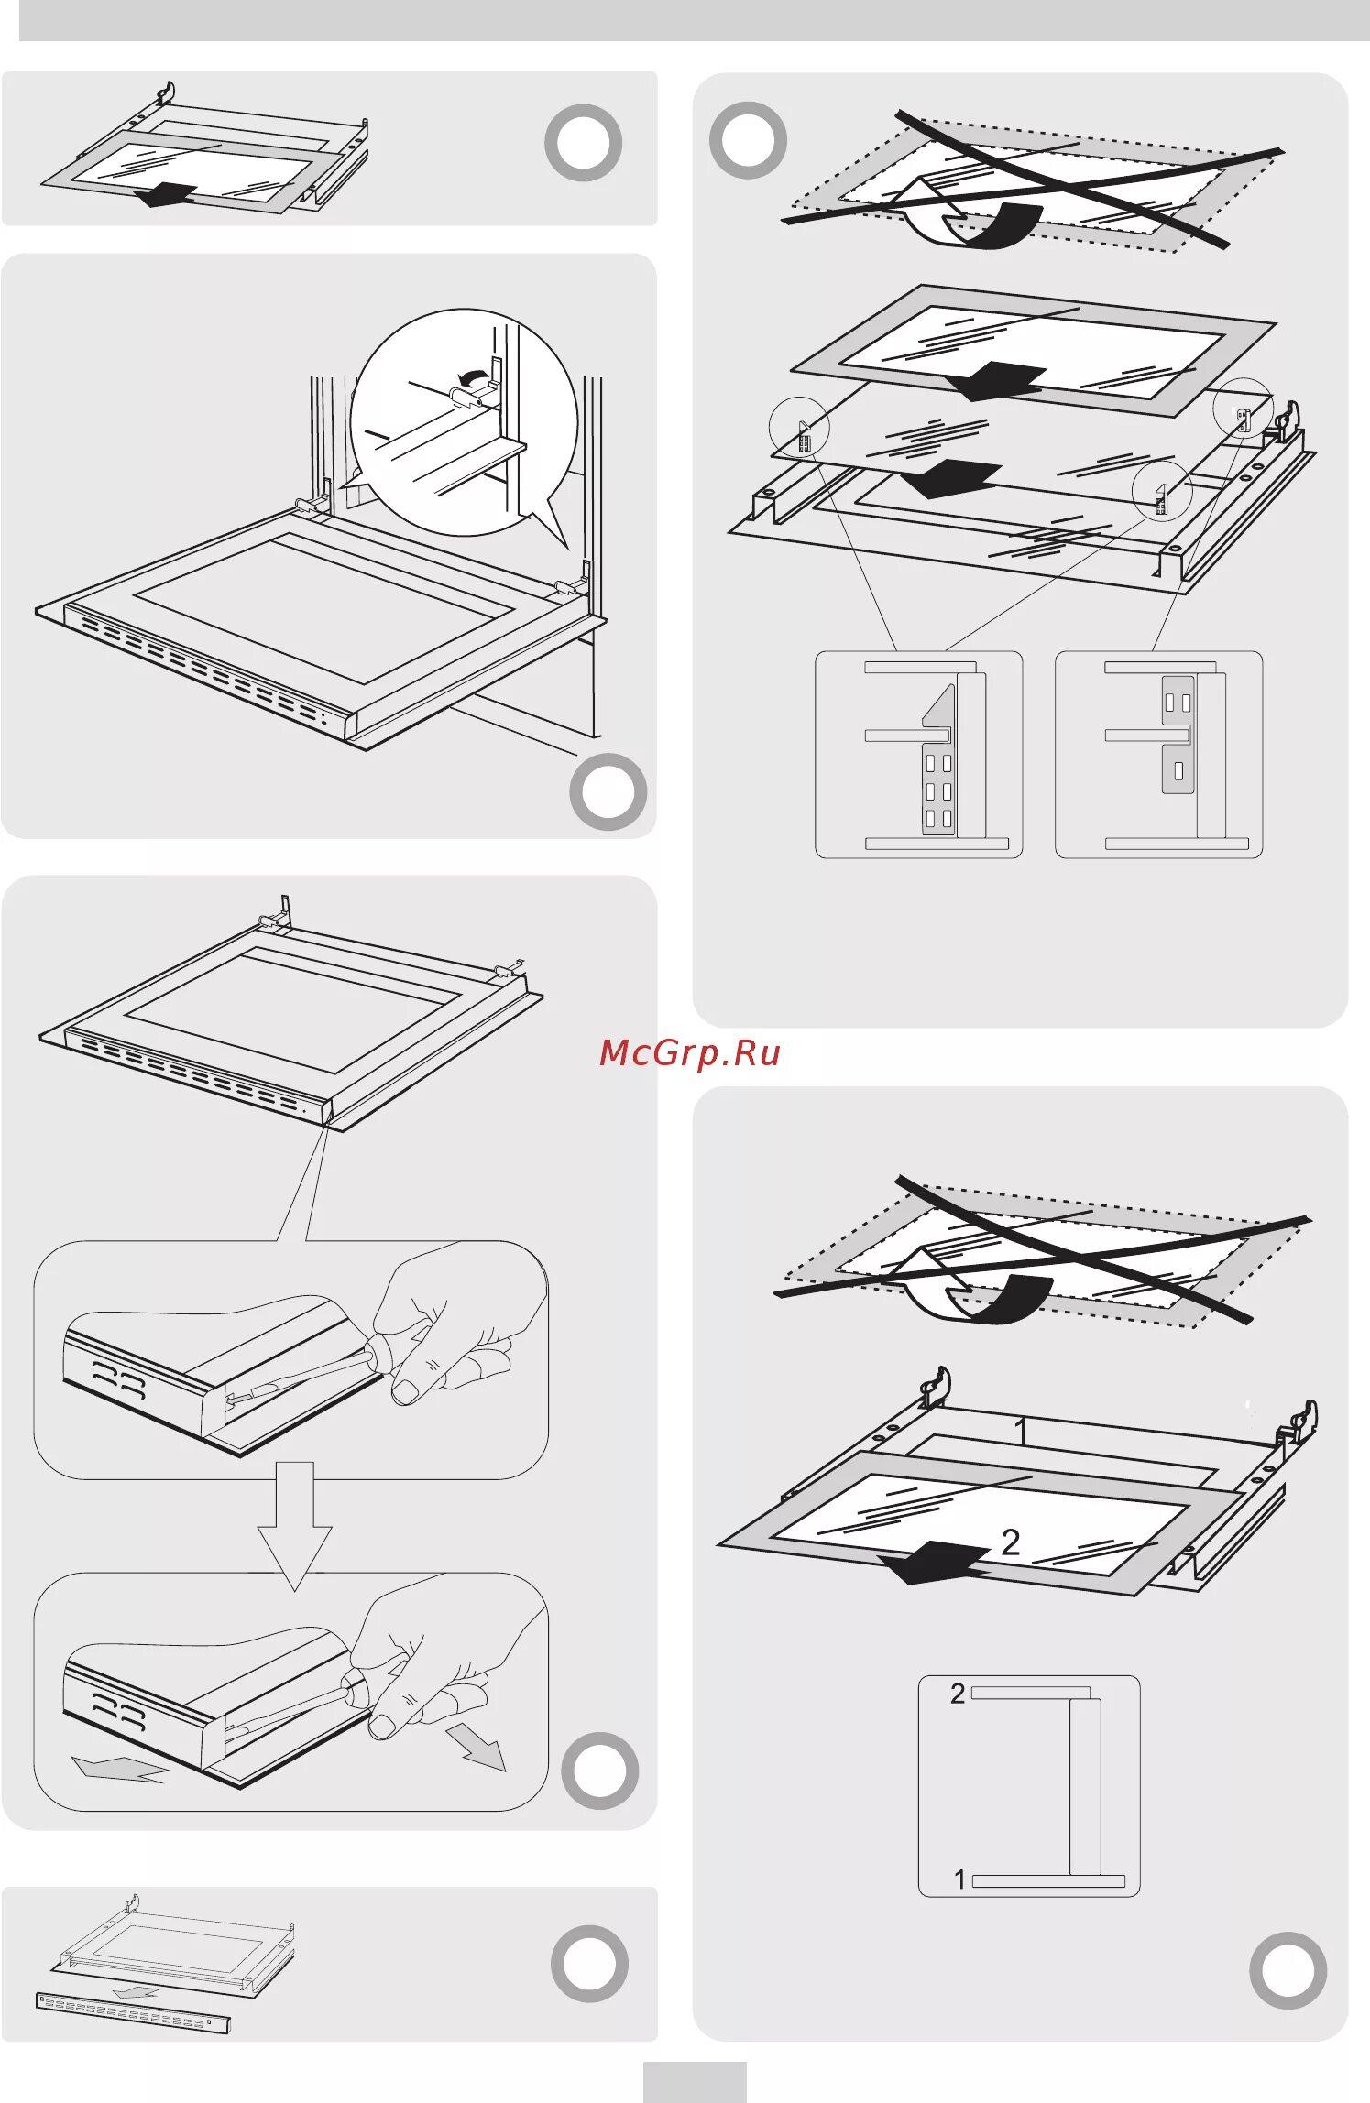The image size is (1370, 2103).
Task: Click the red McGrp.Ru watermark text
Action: pos(689,1053)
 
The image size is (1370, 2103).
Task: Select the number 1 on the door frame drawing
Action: pos(1021,1430)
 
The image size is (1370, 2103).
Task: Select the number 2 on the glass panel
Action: pos(1010,1542)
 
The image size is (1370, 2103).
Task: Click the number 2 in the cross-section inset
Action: pos(958,1694)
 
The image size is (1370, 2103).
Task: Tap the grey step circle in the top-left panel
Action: pos(583,143)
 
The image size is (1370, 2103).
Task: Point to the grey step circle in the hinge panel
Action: pos(608,791)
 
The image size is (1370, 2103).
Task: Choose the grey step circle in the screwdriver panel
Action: pos(599,1770)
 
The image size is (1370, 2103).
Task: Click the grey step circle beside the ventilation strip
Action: pos(589,1963)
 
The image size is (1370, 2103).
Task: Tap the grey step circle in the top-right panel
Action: pos(748,140)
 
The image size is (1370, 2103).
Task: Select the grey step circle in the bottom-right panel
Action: pos(1288,1970)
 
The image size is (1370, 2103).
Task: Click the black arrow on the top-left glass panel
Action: pos(165,194)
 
